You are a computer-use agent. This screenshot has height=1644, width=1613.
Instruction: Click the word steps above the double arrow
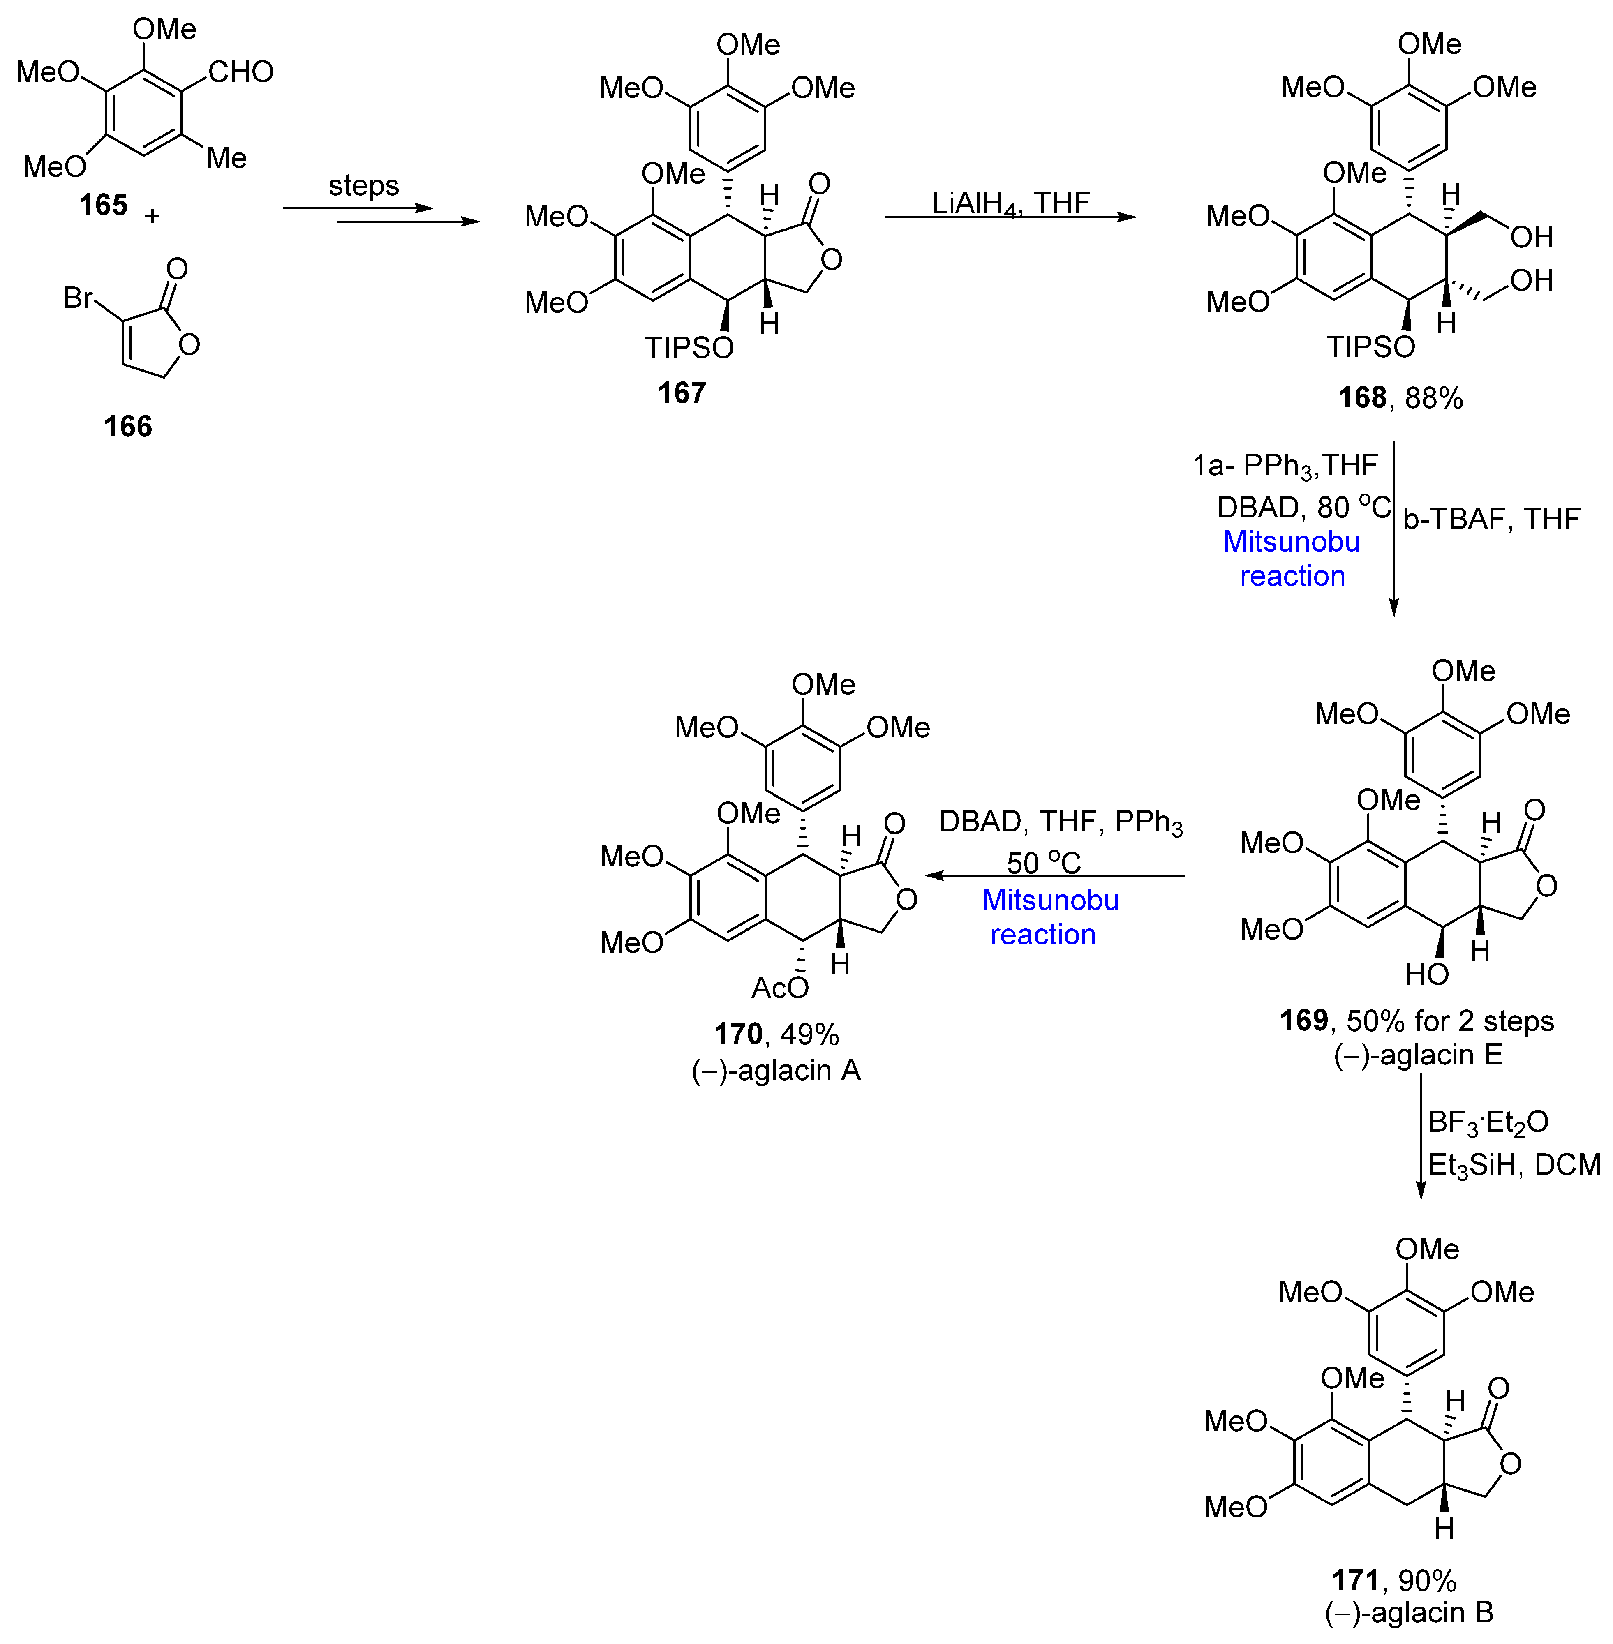tap(363, 185)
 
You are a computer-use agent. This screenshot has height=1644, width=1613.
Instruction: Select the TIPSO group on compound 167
tap(689, 347)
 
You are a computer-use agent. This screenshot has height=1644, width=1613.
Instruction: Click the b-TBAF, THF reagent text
tap(1491, 518)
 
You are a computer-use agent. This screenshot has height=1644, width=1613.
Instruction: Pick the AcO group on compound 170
tap(779, 988)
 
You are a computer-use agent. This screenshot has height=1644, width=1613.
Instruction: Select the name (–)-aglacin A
tap(776, 1071)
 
